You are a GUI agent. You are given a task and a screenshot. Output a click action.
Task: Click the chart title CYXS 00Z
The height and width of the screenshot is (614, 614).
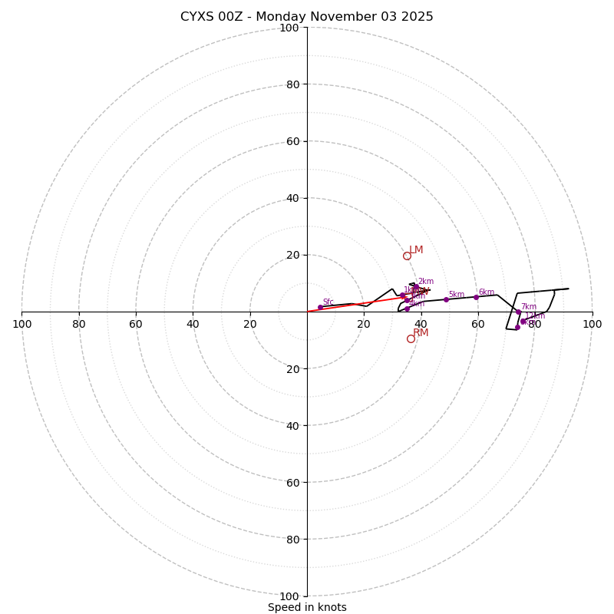pyautogui.click(x=307, y=17)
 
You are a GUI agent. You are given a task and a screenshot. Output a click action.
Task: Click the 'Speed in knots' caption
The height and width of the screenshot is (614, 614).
pyautogui.click(x=307, y=607)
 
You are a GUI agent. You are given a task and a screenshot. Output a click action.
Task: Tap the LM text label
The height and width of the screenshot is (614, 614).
pyautogui.click(x=416, y=250)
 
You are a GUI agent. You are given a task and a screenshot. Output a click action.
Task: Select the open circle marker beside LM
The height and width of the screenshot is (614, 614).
pyautogui.click(x=407, y=256)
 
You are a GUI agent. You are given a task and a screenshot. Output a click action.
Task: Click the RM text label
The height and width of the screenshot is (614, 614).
pyautogui.click(x=421, y=333)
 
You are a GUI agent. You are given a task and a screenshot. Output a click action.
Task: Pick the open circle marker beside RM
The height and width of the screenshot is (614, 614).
pyautogui.click(x=411, y=338)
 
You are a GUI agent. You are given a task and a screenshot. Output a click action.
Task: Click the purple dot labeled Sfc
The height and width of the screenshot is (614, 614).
pyautogui.click(x=320, y=307)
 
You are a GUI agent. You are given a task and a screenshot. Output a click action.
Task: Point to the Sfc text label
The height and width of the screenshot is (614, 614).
pyautogui.click(x=328, y=302)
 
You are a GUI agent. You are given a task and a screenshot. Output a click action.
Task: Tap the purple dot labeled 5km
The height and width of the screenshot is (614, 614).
pyautogui.click(x=446, y=299)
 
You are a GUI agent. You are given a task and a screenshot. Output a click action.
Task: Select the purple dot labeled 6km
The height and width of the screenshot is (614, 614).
pyautogui.click(x=476, y=297)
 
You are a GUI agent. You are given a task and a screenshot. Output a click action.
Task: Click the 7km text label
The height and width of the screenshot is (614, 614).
pyautogui.click(x=529, y=307)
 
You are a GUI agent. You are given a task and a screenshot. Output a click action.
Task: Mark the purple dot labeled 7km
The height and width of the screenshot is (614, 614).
pyautogui.click(x=518, y=312)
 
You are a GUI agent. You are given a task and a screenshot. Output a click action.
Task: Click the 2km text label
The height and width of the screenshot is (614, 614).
pyautogui.click(x=425, y=282)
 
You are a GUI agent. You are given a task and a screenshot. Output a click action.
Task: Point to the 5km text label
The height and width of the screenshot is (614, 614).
pyautogui.click(x=456, y=295)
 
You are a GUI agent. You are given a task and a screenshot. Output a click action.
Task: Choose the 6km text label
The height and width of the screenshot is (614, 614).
pyautogui.click(x=486, y=292)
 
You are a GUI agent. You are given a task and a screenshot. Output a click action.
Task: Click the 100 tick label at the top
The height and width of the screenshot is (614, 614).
pyautogui.click(x=289, y=28)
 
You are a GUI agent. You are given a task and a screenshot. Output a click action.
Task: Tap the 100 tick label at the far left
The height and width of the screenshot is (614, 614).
pyautogui.click(x=21, y=324)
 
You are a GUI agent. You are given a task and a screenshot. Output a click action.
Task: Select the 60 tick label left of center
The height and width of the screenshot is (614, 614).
pyautogui.click(x=136, y=324)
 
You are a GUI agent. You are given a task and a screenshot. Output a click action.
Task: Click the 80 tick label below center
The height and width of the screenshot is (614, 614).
pyautogui.click(x=289, y=540)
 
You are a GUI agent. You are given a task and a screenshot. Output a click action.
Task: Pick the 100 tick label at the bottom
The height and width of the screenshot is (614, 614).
pyautogui.click(x=289, y=596)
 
